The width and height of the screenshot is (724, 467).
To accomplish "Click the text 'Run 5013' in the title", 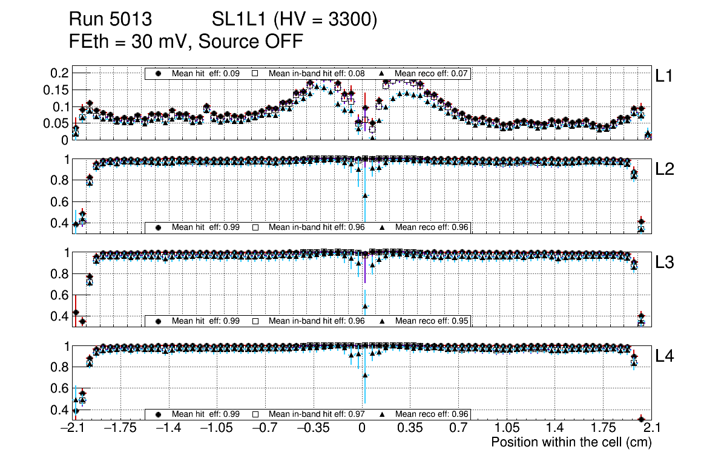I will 110,20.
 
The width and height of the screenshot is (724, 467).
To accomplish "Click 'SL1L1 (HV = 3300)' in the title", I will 294,20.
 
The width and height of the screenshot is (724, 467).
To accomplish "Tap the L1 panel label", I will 664,76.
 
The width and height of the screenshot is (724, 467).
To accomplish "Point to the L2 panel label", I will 665,169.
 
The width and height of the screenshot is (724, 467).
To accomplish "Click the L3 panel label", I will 665,263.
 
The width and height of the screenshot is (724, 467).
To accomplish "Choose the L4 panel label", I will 665,356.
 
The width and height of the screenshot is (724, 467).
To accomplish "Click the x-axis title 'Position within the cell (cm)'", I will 571,442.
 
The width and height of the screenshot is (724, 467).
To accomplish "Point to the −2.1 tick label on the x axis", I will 73,428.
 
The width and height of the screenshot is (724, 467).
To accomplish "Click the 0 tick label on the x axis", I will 362,428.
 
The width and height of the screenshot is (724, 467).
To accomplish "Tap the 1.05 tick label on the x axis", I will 507,428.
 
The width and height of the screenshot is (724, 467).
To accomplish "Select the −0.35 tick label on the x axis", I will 314,428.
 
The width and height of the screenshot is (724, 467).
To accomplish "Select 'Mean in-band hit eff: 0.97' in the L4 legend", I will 317,414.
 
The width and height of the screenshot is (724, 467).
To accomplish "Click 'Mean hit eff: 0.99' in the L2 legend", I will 206,227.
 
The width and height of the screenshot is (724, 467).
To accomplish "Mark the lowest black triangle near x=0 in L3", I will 365,306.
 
